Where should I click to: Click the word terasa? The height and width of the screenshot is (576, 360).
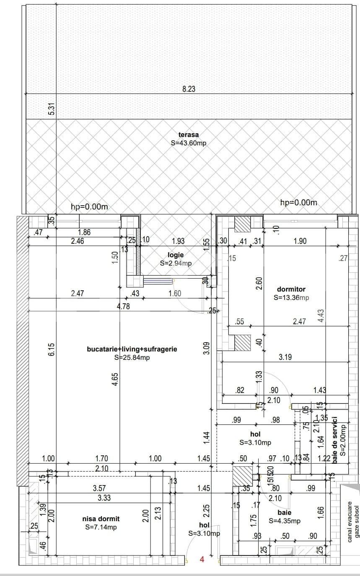[188, 134]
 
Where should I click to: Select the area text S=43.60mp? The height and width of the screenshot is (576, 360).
[188, 143]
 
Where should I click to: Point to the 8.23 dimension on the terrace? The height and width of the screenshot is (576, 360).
[189, 89]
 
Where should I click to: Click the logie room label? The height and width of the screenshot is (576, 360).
[176, 255]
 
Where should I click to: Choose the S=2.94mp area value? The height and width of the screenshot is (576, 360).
[176, 263]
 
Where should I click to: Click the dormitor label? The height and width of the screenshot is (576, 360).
[291, 289]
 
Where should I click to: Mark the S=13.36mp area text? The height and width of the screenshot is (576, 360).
[291, 298]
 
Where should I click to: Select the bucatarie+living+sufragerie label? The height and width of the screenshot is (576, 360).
[132, 349]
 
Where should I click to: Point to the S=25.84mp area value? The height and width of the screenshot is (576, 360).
[132, 357]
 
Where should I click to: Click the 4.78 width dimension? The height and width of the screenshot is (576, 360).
[123, 306]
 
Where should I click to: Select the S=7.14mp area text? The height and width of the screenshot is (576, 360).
[100, 527]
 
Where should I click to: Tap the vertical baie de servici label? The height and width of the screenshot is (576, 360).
[335, 440]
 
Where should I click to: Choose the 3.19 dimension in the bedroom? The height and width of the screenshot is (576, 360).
[285, 357]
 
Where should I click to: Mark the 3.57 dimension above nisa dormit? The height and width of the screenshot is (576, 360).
[99, 488]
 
